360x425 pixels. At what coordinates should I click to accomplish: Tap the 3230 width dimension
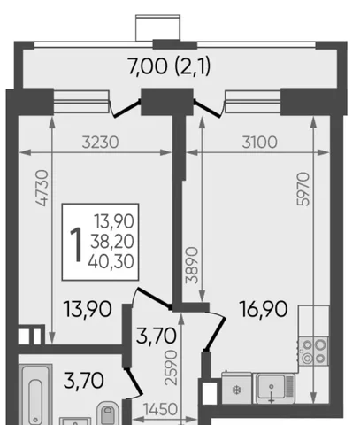[x=100, y=143]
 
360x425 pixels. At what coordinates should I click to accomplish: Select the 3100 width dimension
[x=259, y=143]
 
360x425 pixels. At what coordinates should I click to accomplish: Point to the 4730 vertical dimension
[x=42, y=188]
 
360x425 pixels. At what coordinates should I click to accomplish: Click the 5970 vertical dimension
[x=303, y=189]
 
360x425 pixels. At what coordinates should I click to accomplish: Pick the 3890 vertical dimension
[x=192, y=266]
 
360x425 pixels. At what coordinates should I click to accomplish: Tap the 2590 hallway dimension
[x=171, y=367]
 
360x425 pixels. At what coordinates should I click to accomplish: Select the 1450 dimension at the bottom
[x=160, y=409]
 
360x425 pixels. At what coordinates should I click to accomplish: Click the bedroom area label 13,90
[x=88, y=309]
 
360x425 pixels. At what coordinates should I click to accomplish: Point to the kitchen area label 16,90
[x=264, y=309]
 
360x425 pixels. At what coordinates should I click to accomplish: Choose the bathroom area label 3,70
[x=83, y=381]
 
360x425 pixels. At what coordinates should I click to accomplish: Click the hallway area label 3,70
[x=156, y=336]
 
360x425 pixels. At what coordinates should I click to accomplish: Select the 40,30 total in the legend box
[x=111, y=262]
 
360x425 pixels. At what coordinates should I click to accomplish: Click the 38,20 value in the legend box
[x=112, y=242]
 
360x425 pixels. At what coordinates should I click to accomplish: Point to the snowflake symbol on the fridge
[x=236, y=390]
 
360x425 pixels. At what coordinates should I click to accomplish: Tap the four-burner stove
[x=313, y=352]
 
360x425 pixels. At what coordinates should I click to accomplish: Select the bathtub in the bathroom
[x=35, y=395]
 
